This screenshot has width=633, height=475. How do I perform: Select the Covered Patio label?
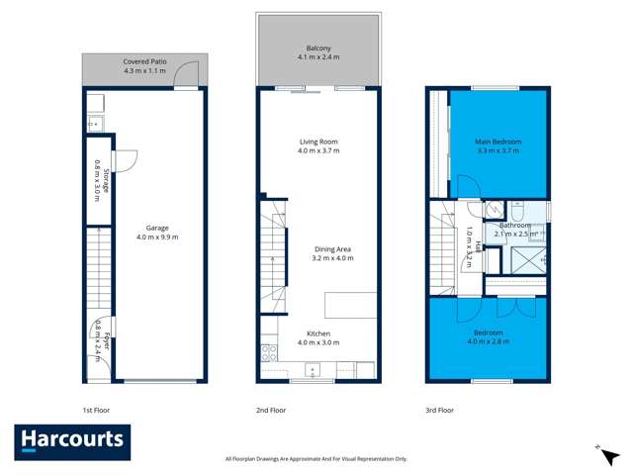[144, 61]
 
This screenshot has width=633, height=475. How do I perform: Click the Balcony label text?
[318, 47]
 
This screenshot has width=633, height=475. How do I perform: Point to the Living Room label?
[318, 142]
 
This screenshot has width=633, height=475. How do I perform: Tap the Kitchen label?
[318, 333]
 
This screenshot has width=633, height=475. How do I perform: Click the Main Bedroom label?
[498, 142]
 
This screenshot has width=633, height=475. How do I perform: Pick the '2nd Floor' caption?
[271, 409]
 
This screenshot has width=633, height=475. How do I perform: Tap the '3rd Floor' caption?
[439, 409]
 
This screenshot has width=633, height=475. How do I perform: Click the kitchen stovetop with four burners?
[267, 351]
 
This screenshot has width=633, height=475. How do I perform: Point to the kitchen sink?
[315, 371]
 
